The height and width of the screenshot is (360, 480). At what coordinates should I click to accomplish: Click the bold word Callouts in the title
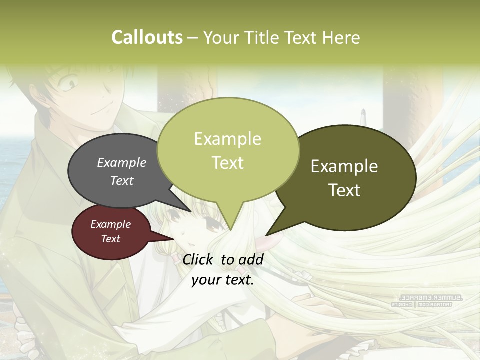coord(147,37)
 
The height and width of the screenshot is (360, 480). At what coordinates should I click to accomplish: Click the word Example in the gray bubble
coord(122,162)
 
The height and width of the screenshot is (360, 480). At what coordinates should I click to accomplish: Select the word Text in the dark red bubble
coord(111,239)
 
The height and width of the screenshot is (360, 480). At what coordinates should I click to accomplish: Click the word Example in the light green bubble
coord(228,139)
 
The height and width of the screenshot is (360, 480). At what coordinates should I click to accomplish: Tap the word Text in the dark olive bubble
coord(345,190)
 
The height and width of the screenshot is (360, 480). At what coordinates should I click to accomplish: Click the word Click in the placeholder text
coord(199,259)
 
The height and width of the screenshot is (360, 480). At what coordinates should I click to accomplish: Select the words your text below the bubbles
coord(223,280)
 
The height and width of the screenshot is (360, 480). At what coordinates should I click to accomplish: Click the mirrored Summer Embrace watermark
coord(428,300)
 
